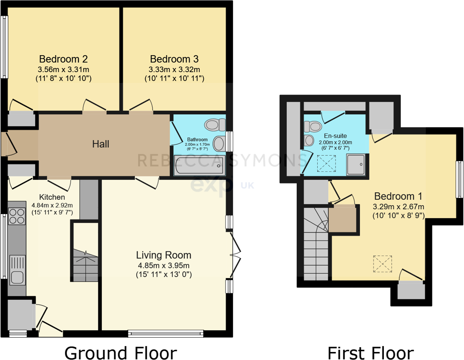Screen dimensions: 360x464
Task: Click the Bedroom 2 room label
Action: pos(63,59)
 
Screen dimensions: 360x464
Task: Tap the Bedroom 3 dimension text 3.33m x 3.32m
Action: pos(174,69)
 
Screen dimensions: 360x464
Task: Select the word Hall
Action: pos(101,144)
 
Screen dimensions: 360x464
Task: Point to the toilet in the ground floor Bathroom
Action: pos(214,124)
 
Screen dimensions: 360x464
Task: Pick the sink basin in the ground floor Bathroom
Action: pos(218,144)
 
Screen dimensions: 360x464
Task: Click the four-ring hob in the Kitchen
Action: pos(16,216)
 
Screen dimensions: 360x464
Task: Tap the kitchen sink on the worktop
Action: pos(17,277)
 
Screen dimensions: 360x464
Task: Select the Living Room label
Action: pos(164,255)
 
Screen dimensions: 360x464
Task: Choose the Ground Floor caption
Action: pos(121,352)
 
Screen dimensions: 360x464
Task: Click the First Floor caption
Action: pos(370,352)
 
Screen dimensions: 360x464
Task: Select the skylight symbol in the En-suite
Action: pos(326,163)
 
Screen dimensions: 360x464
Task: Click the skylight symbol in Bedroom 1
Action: pos(383,263)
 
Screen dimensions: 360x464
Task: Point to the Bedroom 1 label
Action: pos(398,196)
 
